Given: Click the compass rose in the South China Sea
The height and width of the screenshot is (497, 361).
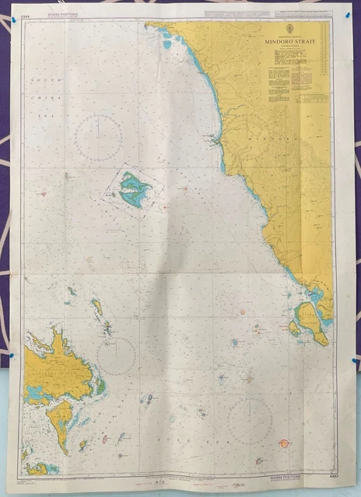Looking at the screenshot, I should (98, 137).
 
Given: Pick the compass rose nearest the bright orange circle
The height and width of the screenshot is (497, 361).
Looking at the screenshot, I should (250, 422).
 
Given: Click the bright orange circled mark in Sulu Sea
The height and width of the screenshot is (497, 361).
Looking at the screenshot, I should (284, 443).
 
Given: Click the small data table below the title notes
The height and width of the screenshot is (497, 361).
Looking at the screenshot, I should (309, 99).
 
